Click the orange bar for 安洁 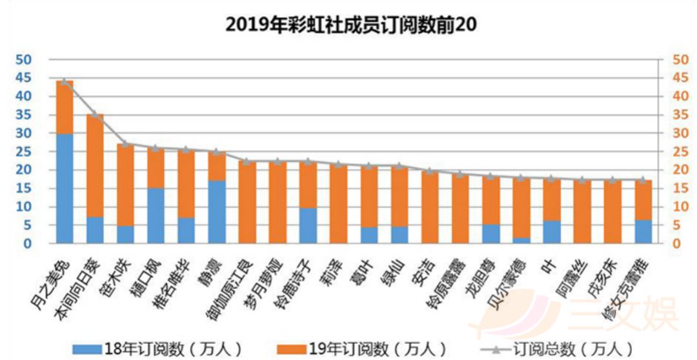point(430,207)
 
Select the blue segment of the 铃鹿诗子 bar point(308,225)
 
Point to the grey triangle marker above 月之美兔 point(65,82)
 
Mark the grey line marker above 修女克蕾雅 point(643,180)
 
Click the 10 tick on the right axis point(680,207)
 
